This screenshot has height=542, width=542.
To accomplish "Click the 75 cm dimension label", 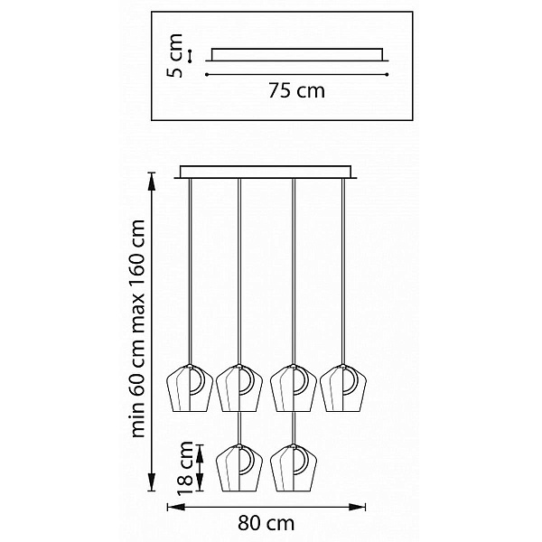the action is pyautogui.click(x=296, y=91).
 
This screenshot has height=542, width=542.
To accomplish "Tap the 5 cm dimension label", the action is pyautogui.click(x=174, y=56).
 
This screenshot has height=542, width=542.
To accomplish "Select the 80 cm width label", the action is pyautogui.click(x=266, y=523).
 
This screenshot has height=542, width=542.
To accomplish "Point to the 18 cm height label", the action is pyautogui.click(x=184, y=468).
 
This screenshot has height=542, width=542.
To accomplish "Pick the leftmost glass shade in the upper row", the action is pyautogui.click(x=190, y=388).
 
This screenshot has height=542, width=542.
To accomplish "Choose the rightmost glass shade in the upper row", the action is pyautogui.click(x=343, y=388).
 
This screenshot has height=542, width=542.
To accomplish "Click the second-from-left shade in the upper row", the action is pyautogui.click(x=239, y=388).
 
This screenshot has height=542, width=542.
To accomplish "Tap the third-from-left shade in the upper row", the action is pyautogui.click(x=294, y=388).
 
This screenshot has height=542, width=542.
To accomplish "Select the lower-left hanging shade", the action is pyautogui.click(x=239, y=468).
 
